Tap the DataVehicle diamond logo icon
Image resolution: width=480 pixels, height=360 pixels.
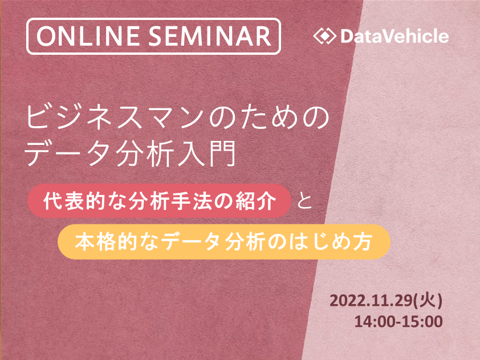coord(324,36)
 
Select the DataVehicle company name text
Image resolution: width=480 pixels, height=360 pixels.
coord(394,36)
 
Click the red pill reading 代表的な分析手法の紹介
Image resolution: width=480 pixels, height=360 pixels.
coord(159,201)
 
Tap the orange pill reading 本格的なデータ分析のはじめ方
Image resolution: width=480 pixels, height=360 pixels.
coord(224,242)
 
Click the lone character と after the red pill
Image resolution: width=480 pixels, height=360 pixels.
coord(304,201)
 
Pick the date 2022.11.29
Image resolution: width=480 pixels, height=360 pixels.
coord(371,301)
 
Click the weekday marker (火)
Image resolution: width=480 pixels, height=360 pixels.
coord(428,301)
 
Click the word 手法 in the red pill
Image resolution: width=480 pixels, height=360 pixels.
coord(193,201)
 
